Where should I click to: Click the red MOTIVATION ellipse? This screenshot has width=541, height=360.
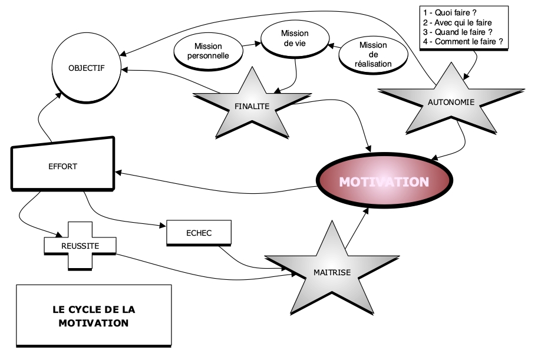(383, 181)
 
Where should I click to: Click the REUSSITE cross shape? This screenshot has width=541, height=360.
(80, 245)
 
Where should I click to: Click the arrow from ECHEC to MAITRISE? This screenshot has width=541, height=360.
(248, 263)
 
